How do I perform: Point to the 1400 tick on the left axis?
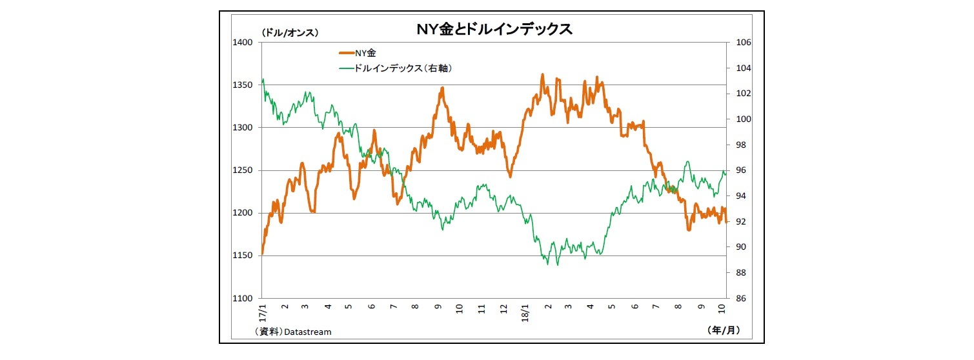point(243,43)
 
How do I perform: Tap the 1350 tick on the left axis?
point(243,85)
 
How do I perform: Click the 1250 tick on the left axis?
point(243,170)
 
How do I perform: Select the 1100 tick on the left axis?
point(243,299)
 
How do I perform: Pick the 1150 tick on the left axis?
point(243,256)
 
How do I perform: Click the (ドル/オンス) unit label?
point(290,32)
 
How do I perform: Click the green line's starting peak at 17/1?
point(263,79)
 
